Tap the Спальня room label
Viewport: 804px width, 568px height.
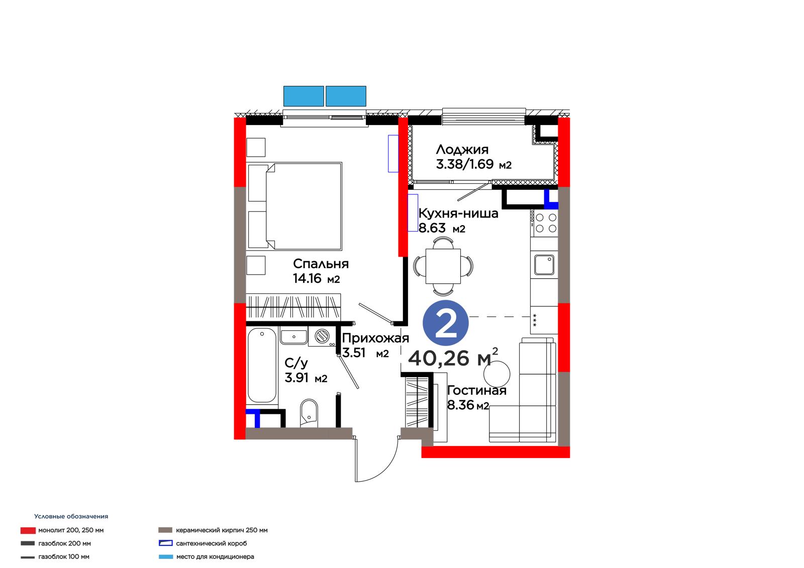pyautogui.click(x=321, y=264)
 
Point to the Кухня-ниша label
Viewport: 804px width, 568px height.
pyautogui.click(x=458, y=213)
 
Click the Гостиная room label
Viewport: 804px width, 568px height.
pyautogui.click(x=477, y=390)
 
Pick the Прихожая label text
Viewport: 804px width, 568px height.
pyautogui.click(x=375, y=338)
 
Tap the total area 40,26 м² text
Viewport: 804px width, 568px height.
pyautogui.click(x=453, y=357)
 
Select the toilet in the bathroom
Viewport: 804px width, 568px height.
pyautogui.click(x=309, y=413)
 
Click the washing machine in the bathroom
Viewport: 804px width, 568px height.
pyautogui.click(x=322, y=336)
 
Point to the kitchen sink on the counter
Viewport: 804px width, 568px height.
pyautogui.click(x=544, y=265)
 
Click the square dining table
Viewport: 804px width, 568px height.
pyautogui.click(x=443, y=266)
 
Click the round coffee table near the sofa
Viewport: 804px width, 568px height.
pyautogui.click(x=496, y=374)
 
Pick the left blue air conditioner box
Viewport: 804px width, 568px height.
pyautogui.click(x=304, y=96)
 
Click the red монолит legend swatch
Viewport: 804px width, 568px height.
pyautogui.click(x=28, y=530)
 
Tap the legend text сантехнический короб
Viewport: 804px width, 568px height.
pyautogui.click(x=212, y=543)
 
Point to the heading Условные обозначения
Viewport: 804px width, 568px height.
pyautogui.click(x=71, y=516)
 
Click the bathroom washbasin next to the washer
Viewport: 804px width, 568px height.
pyautogui.click(x=293, y=337)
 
